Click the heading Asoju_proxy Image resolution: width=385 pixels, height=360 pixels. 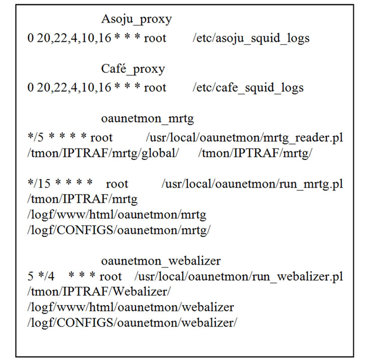[136, 19]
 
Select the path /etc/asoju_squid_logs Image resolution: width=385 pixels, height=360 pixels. [251, 38]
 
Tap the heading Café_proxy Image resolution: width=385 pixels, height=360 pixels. [133, 69]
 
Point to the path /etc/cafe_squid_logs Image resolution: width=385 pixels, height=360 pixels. [248, 88]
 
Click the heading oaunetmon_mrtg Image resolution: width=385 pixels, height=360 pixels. [147, 119]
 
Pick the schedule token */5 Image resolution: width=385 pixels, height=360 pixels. [35, 137]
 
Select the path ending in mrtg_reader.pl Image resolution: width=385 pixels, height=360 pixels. [244, 138]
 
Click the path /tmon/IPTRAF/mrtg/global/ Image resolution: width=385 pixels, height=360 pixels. [103, 153]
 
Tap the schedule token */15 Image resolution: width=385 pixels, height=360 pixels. [39, 184]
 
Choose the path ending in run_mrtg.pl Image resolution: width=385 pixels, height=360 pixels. [252, 184]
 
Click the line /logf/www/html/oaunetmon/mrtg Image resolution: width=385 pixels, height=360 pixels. [116, 215]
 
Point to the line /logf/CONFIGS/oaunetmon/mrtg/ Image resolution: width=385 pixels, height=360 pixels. [119, 230]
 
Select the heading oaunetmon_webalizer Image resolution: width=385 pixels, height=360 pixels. [161, 261]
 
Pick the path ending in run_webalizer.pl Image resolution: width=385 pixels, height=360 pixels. [238, 277]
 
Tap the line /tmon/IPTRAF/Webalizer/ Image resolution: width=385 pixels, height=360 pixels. [99, 292]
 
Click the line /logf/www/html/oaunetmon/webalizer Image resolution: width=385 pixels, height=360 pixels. [131, 307]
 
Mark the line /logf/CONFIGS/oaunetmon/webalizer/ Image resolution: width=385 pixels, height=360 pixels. [132, 323]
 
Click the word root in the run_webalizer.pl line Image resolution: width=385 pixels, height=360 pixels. [110, 277]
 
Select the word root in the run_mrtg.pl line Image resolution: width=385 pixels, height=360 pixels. [117, 185]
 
